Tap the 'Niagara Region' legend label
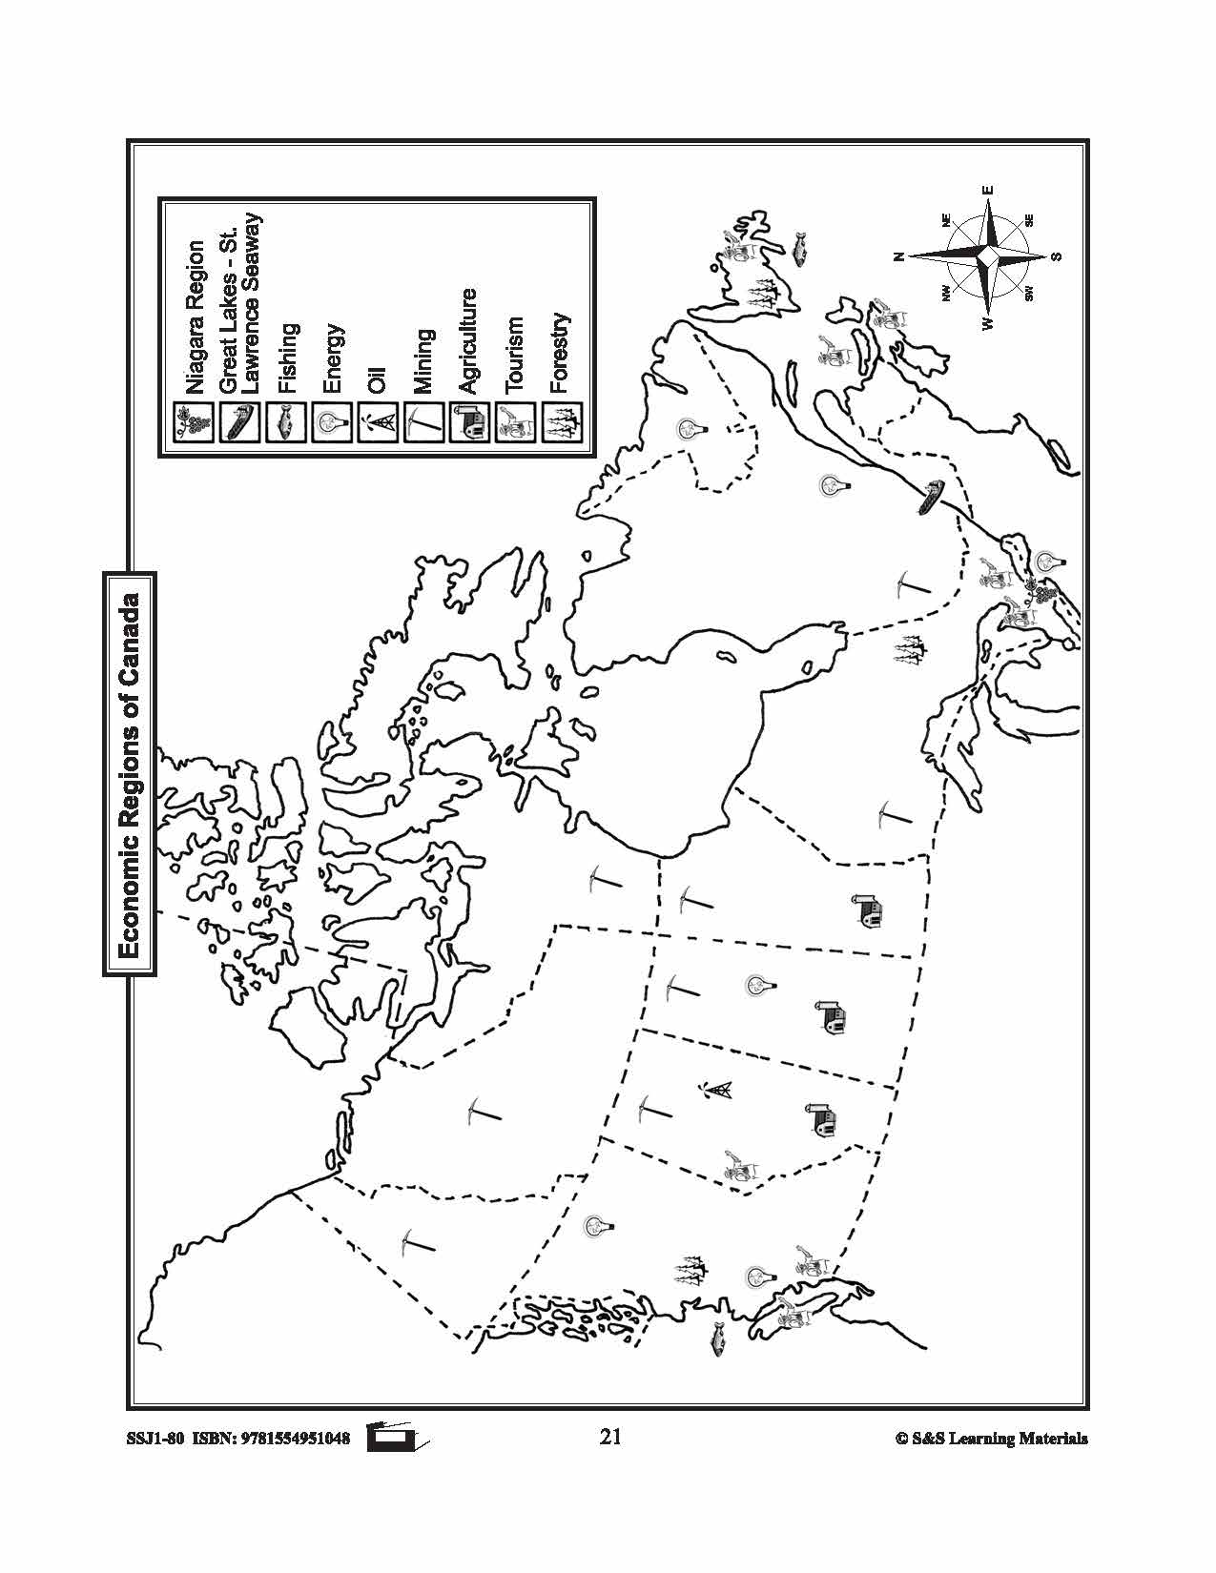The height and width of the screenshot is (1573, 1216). pos(196,317)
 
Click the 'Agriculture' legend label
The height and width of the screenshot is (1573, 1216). pos(468,341)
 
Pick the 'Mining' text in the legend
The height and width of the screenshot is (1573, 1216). pos(423,361)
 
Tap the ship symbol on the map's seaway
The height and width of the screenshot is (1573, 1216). pos(931,497)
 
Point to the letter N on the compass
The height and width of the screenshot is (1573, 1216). pos(897,256)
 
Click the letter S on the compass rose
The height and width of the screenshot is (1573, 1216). pos(1056,256)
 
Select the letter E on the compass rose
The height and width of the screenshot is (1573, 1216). pos(988,189)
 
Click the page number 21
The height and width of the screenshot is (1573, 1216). pos(610,1437)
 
